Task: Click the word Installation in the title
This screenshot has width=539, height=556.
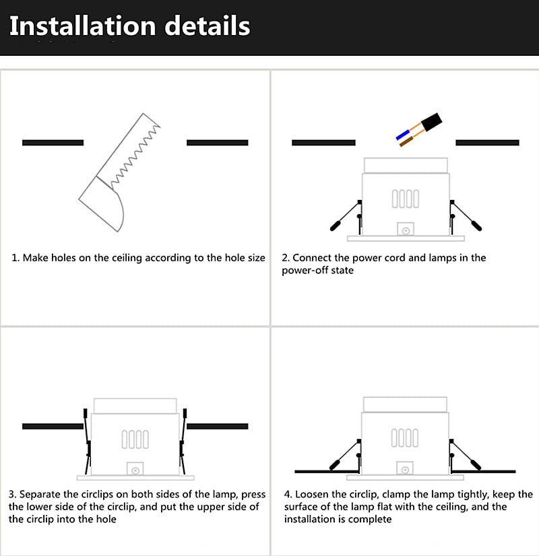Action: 83,26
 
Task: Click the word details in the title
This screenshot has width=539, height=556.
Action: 208,26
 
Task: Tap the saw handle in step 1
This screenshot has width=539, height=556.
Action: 102,204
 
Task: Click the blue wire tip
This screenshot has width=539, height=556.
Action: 403,135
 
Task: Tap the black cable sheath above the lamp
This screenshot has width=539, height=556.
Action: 431,123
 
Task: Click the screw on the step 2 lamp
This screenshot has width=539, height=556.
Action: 406,231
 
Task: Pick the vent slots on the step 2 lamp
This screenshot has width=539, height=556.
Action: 406,199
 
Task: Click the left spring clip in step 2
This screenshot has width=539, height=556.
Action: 346,215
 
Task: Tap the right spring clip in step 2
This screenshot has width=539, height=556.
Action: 466,215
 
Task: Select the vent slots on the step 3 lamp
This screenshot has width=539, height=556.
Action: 135,440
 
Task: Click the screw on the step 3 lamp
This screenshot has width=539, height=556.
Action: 135,471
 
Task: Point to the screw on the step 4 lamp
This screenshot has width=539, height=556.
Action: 405,471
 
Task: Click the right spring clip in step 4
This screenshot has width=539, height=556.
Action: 465,455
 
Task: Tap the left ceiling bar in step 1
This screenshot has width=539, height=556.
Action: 53,143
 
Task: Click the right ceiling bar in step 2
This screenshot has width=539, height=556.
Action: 487,143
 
